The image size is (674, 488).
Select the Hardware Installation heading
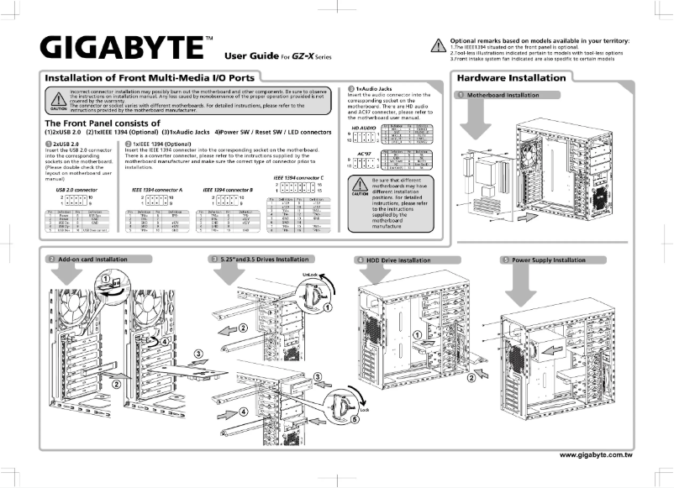click(x=511, y=78)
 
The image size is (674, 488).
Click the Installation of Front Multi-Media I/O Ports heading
click(x=150, y=78)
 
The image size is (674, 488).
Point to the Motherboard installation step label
click(x=503, y=96)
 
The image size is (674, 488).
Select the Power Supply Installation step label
click(x=548, y=260)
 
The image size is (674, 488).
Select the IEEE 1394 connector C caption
click(x=303, y=179)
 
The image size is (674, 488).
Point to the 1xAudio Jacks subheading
click(x=376, y=88)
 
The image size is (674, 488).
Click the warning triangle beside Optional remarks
click(x=437, y=47)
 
